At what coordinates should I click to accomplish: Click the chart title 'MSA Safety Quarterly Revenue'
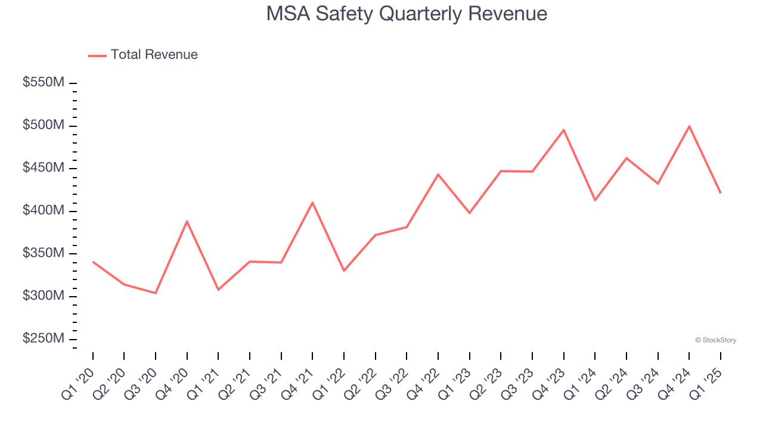click(x=407, y=14)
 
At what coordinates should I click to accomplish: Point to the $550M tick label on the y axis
click(x=43, y=83)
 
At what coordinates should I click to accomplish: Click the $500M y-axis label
click(x=43, y=126)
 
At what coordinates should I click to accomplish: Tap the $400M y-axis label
click(x=43, y=211)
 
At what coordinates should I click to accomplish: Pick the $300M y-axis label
click(x=43, y=296)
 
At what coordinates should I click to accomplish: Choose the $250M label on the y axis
click(x=43, y=338)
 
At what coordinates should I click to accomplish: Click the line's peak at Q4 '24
click(x=689, y=126)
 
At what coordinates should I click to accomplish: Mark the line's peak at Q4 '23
click(x=563, y=130)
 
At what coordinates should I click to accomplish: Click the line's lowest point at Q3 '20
click(x=156, y=293)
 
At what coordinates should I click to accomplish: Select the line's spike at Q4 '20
click(x=187, y=221)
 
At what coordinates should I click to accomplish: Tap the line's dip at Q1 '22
click(x=344, y=271)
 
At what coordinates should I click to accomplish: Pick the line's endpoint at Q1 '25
click(x=720, y=192)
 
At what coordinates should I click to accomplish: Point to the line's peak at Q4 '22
click(x=438, y=175)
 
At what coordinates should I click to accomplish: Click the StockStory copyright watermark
click(x=715, y=340)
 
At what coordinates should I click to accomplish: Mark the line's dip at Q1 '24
click(x=595, y=200)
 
